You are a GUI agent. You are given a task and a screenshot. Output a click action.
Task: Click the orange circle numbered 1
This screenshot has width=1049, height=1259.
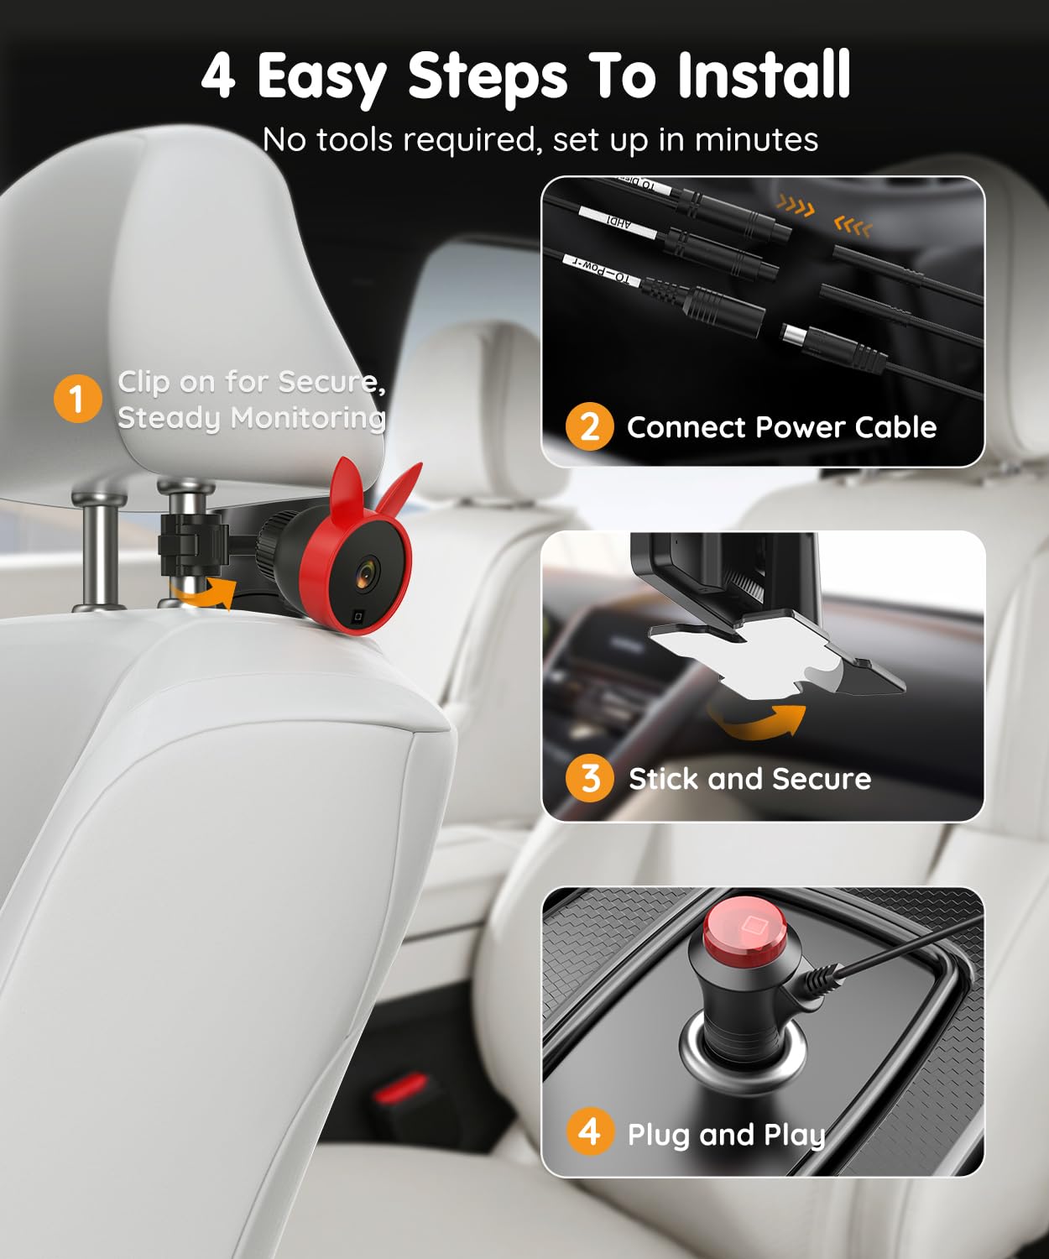[77, 399]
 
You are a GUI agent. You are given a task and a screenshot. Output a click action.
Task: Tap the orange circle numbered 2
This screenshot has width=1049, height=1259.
[589, 426]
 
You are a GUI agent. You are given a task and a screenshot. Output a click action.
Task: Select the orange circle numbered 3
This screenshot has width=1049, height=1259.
[589, 778]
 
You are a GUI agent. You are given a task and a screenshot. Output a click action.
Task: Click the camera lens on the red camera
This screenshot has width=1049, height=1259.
[367, 572]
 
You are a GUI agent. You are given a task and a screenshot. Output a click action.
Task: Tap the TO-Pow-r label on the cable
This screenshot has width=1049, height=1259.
[599, 274]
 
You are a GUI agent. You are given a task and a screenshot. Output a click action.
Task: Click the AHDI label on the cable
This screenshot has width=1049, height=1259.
[618, 223]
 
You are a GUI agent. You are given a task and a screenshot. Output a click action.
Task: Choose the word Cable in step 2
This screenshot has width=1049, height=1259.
[895, 427]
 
